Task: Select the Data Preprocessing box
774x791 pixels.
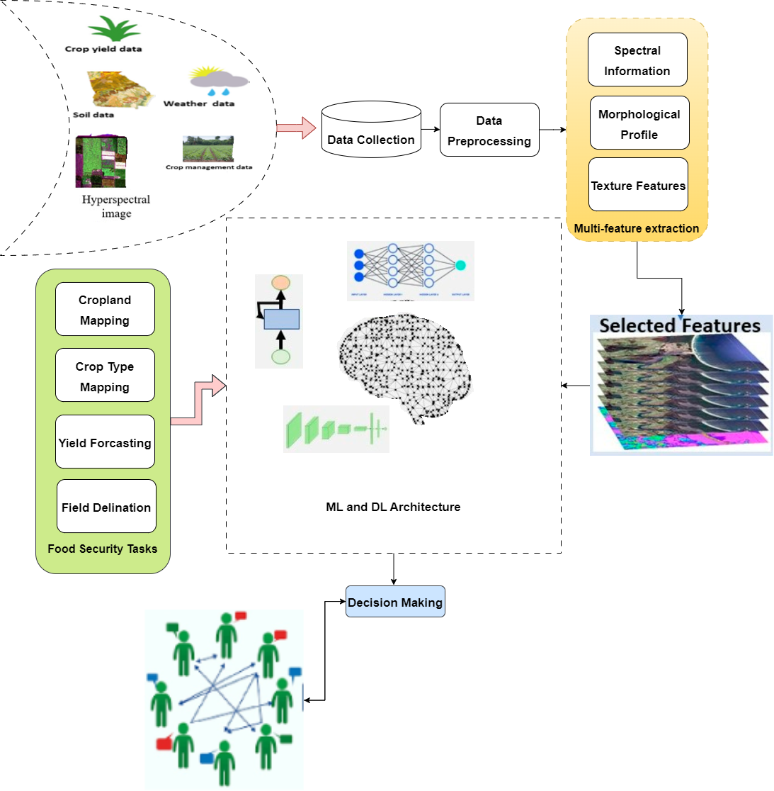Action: coord(489,130)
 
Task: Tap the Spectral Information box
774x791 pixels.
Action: coord(637,60)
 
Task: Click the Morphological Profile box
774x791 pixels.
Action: coord(639,123)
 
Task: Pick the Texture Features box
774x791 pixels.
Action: coord(638,185)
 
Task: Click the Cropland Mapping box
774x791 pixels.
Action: coord(105,310)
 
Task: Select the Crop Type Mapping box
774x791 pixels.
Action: coord(105,376)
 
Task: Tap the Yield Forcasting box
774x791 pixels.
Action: coord(105,442)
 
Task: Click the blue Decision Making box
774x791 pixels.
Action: coord(395,602)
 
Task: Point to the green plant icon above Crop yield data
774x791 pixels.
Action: coord(113,30)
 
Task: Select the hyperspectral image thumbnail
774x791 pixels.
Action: coord(101,162)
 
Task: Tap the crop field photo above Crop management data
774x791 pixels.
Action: coord(207,149)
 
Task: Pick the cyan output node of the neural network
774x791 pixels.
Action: coord(460,265)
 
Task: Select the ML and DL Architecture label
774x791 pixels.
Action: coord(393,507)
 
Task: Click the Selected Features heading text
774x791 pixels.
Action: coord(680,325)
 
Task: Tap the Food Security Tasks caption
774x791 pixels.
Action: coord(103,549)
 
